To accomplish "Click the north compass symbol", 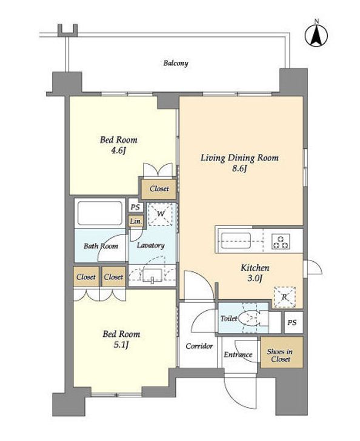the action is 316,35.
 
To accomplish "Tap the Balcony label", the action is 176,63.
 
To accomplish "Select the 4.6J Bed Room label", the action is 119,145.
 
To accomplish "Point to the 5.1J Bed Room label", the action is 121,339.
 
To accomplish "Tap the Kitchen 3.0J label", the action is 255,273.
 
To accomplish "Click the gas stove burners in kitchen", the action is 281,241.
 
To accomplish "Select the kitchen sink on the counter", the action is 236,240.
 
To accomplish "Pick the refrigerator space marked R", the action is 285,297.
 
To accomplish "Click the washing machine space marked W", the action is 160,214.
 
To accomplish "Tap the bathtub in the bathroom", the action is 100,213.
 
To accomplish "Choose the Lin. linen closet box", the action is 136,221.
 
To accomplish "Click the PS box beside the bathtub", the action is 135,207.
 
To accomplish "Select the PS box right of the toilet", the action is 293,322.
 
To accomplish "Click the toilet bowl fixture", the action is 250,318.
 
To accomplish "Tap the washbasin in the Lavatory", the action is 152,275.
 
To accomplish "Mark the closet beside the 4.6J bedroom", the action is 159,189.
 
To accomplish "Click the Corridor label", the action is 199,346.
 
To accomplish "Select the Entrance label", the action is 238,354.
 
